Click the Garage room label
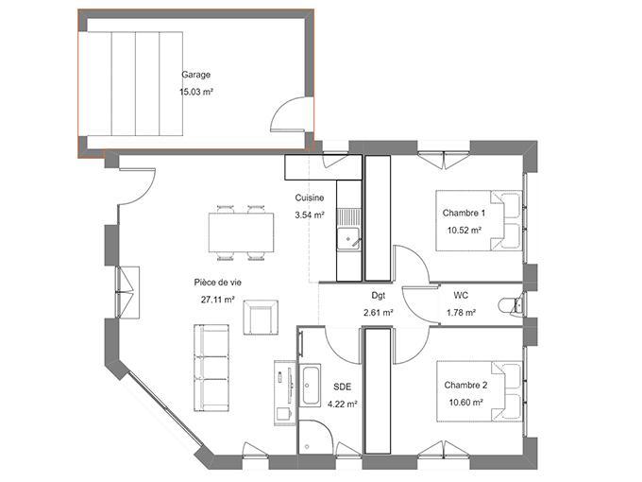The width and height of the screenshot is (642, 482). pos(195,75)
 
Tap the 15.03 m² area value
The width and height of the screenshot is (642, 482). pos(195,93)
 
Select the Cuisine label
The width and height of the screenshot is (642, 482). pos(310,198)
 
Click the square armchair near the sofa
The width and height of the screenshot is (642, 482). pos(261,316)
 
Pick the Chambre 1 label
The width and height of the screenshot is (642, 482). pos(464,213)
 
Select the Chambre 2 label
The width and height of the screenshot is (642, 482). pos(465,385)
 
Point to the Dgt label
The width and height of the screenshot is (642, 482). pos(378,295)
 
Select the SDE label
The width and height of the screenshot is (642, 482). pos(341,387)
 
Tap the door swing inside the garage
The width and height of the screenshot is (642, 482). pos(289,115)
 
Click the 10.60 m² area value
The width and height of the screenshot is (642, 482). pos(465,402)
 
